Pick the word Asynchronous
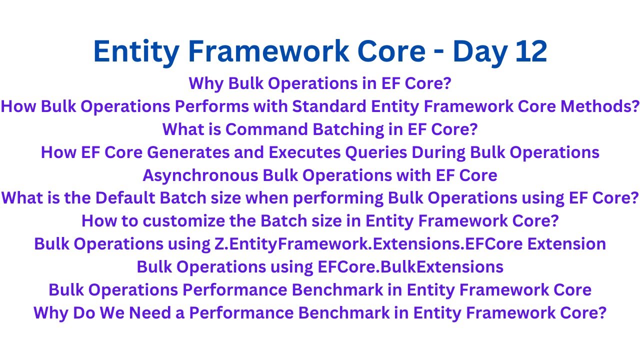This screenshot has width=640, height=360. [x=199, y=175]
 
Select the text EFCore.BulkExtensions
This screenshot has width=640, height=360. [x=410, y=266]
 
